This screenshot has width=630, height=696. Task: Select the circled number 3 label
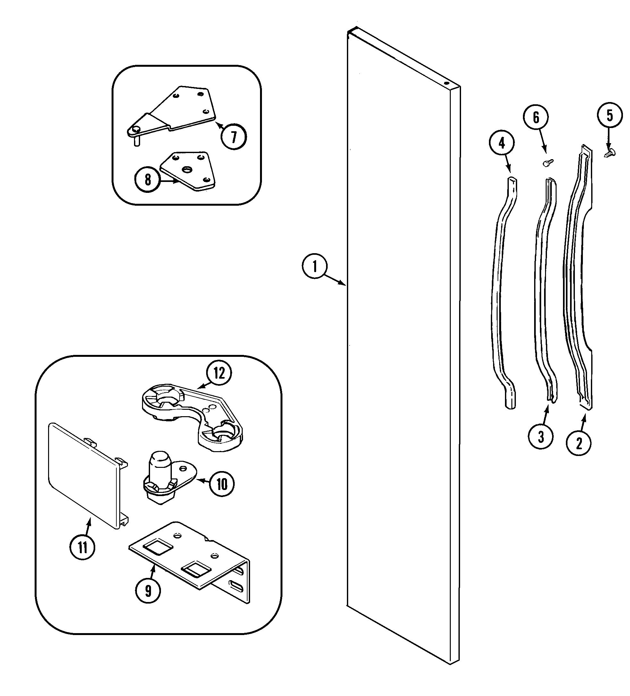coord(541,437)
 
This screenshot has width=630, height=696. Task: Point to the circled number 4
coord(502,142)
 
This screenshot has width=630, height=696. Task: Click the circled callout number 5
coord(610,115)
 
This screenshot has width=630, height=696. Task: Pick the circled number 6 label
coord(536,118)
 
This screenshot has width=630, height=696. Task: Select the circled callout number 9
coord(148,591)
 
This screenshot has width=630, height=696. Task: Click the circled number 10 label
coord(222,484)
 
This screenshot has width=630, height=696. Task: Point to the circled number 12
coord(219,373)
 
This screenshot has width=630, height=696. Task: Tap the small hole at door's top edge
coord(446,83)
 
